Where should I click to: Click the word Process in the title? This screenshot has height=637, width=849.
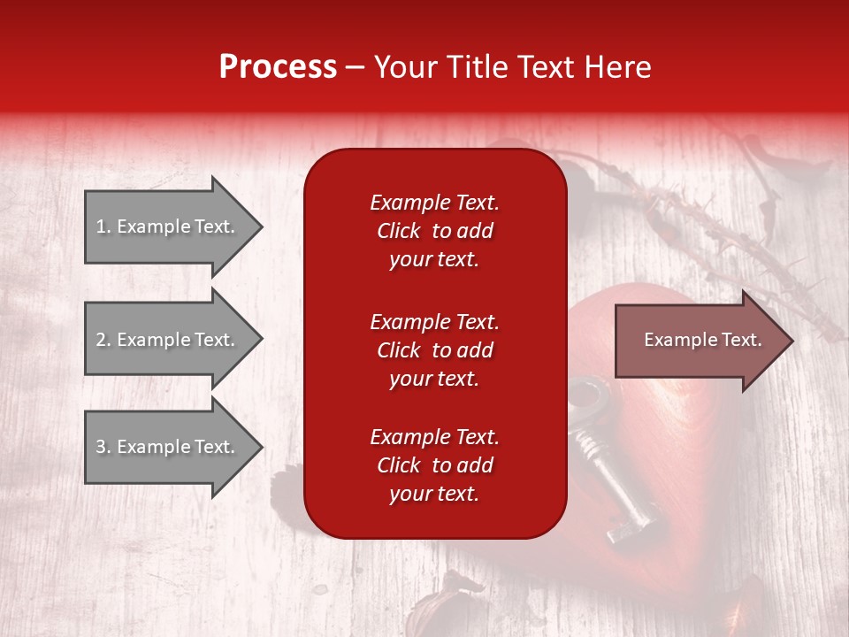tap(278, 67)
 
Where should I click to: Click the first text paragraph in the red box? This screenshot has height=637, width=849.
tap(434, 231)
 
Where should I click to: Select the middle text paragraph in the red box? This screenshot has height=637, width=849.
tap(434, 350)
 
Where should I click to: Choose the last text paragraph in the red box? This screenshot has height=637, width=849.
tap(434, 465)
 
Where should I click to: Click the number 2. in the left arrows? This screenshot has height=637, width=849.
tap(103, 340)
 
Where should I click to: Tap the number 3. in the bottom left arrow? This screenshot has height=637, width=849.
tap(103, 448)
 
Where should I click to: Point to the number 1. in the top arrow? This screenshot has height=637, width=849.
tap(103, 227)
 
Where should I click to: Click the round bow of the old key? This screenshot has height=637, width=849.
tap(587, 397)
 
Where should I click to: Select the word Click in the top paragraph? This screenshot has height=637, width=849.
tap(399, 232)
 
